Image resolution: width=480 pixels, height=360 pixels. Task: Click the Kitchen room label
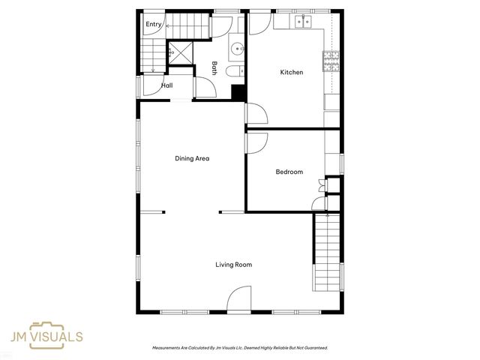click(292, 72)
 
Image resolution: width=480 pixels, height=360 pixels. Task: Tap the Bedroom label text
click(289, 172)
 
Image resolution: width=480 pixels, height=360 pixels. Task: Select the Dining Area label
click(192, 158)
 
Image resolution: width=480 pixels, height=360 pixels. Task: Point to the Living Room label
click(234, 265)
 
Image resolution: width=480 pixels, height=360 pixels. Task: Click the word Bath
click(214, 68)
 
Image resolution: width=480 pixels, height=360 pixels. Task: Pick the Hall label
click(167, 85)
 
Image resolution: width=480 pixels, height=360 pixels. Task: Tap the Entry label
click(153, 24)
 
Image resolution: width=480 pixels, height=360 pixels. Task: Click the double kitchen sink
click(303, 22)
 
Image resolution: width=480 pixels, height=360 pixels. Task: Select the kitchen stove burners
click(331, 61)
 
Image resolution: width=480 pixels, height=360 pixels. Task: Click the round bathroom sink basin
click(237, 49)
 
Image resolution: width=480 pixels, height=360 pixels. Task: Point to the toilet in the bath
click(235, 72)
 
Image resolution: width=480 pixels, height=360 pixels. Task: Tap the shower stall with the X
click(181, 53)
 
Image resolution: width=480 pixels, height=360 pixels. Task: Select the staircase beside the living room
click(328, 252)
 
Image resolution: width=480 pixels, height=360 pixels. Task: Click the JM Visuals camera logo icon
click(46, 335)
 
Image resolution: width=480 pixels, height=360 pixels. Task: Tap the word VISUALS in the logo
click(57, 337)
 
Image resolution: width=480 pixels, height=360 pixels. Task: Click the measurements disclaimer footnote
click(240, 348)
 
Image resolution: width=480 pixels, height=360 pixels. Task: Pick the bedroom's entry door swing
click(257, 143)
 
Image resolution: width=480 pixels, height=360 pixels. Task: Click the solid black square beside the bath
click(238, 92)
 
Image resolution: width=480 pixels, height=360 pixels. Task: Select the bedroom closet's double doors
click(322, 185)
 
